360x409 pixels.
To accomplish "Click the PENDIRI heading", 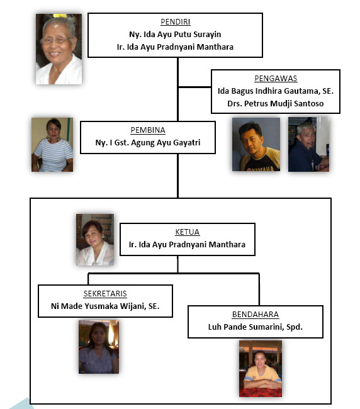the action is pos(176,21).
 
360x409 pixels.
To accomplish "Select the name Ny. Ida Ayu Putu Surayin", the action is pos(175,34).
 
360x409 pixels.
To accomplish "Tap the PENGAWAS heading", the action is pos(276,78).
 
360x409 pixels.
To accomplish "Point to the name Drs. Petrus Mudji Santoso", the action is pos(276,103).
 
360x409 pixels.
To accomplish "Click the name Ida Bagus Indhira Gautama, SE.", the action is pos(276,91).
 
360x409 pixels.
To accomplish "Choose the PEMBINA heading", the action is pos(148,130).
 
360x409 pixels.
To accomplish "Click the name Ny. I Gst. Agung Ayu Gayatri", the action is pos(148,142).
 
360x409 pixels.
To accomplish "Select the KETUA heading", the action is pos(188,232).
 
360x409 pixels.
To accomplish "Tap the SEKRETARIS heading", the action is pos(105,293).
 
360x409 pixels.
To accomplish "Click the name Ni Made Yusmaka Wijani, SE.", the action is pos(105,306).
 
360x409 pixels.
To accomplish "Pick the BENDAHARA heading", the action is pos(256,315).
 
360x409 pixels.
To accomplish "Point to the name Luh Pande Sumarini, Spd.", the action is pos(256,327).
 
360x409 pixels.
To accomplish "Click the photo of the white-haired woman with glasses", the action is pos(59,49).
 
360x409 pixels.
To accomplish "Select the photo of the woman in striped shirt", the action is pos(52,145).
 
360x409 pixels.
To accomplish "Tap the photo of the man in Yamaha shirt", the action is pos(256,144).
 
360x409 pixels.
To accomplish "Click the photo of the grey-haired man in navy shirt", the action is pos(308,144).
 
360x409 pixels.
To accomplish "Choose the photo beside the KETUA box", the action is pos(95,240).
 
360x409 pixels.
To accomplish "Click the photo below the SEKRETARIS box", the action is pos(99,347).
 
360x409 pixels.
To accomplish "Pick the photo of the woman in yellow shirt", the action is pos(261,369).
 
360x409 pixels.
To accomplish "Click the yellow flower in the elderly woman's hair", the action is pos(60,16).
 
